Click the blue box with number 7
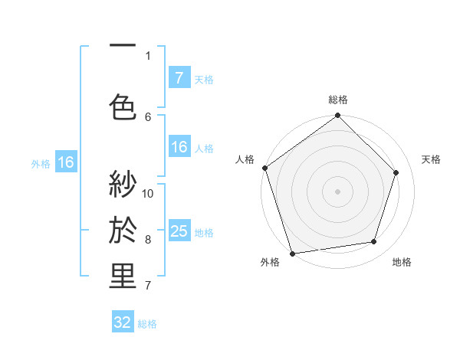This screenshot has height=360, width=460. pyautogui.click(x=179, y=77)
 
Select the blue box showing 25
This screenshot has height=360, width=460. pyautogui.click(x=179, y=231)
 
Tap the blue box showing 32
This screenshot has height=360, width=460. pyautogui.click(x=123, y=322)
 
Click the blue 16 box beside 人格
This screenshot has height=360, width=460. pyautogui.click(x=179, y=147)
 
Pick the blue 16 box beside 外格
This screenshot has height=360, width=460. pyautogui.click(x=66, y=162)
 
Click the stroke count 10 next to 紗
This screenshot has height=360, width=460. pyautogui.click(x=149, y=193)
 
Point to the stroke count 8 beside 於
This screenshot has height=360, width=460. pyautogui.click(x=148, y=240)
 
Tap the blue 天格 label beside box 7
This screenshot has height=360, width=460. pyautogui.click(x=204, y=79)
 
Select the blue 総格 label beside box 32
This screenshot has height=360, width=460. pyautogui.click(x=147, y=324)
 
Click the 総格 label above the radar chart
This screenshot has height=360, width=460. pyautogui.click(x=338, y=100)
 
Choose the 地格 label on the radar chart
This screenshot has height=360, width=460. pyautogui.click(x=402, y=262)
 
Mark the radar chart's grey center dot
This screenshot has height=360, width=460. pyautogui.click(x=338, y=191)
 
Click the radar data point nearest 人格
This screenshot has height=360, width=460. pyautogui.click(x=265, y=168)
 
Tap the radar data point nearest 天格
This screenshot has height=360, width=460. pyautogui.click(x=396, y=172)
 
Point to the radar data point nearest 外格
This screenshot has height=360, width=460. pyautogui.click(x=292, y=253)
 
